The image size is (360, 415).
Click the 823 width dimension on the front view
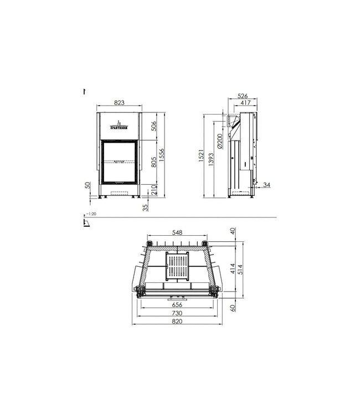tap(119, 102)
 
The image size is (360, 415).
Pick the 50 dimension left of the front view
tap(87, 185)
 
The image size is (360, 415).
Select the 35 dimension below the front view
tap(146, 207)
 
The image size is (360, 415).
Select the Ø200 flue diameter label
tap(220, 141)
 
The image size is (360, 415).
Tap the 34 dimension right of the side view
tap(268, 184)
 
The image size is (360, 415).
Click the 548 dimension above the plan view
tap(177, 233)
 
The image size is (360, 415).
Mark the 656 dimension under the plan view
tap(177, 304)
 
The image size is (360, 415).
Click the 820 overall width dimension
tap(177, 321)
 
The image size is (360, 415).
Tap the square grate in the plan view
tap(177, 266)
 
